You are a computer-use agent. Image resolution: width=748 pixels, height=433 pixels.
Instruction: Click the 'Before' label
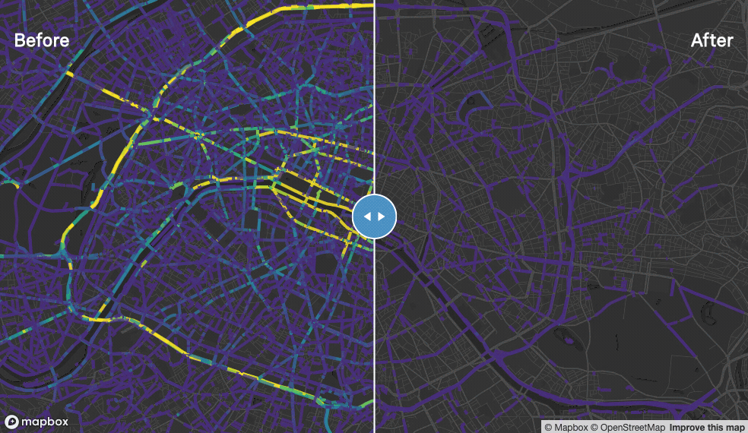coord(42,40)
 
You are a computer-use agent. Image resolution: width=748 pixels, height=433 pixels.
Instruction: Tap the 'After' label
coord(712,40)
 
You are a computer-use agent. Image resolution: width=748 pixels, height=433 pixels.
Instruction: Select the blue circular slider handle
coord(374,216)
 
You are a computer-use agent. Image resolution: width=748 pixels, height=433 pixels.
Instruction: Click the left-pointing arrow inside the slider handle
coord(366,216)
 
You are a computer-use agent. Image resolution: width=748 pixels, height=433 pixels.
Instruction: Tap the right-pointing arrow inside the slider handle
coord(382,216)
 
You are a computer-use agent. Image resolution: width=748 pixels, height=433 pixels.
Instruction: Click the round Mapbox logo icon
coord(12,422)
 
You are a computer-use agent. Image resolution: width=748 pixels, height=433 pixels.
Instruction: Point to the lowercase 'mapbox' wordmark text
coord(45,422)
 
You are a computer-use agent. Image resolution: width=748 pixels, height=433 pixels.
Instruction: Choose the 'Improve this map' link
coord(707,427)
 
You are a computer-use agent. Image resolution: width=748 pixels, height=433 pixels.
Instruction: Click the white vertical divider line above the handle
coord(374,91)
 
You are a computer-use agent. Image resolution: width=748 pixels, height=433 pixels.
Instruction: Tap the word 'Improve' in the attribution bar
coord(686,427)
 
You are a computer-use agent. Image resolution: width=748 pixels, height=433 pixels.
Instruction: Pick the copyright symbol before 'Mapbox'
coord(548,427)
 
